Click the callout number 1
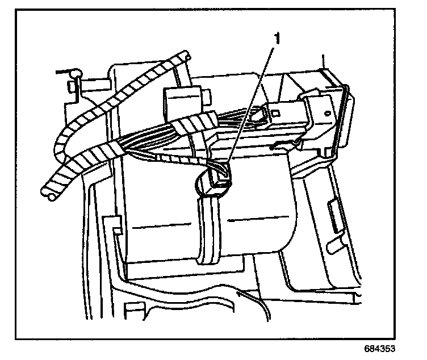(277, 38)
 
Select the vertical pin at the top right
(323, 61)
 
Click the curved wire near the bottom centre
(256, 307)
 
